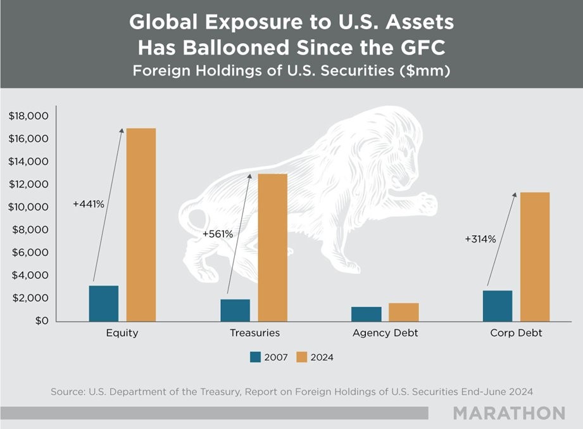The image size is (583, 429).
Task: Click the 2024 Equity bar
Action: click(141, 224)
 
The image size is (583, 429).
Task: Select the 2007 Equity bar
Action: click(104, 304)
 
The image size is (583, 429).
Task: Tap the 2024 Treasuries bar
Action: click(273, 247)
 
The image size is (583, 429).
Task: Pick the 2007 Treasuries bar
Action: click(235, 310)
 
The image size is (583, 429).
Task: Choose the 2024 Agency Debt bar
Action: click(404, 312)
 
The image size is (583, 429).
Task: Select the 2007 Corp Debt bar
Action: click(498, 305)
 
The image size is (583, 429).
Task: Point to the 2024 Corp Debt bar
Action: click(535, 257)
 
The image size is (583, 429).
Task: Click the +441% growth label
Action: click(89, 205)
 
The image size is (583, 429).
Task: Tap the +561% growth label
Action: click(218, 234)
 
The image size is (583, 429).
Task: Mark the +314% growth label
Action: click(480, 240)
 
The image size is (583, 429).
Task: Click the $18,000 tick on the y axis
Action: click(28, 116)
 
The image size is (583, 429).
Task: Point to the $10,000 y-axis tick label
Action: click(28, 207)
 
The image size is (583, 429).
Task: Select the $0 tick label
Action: click(40, 321)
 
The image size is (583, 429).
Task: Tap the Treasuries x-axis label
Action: click(254, 333)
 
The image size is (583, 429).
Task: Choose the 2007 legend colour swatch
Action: click(256, 357)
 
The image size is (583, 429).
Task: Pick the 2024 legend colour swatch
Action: click(301, 357)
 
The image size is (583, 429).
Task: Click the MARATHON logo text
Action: click(509, 413)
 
